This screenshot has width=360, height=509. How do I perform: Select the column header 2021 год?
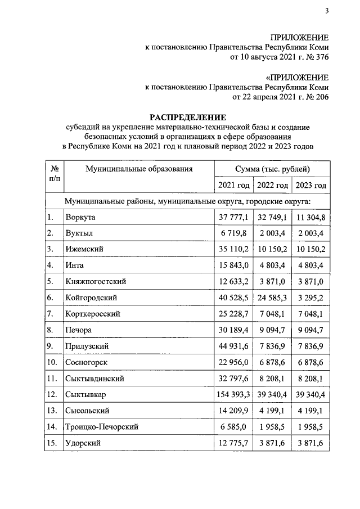pos(233,186)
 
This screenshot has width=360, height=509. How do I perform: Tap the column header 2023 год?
pos(311,186)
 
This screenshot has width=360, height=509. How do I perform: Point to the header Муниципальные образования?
pos(139,168)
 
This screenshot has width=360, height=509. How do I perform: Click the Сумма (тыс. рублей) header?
pos(272,168)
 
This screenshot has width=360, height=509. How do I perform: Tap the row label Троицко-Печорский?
pos(101,427)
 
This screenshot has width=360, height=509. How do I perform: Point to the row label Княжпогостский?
pos(94,281)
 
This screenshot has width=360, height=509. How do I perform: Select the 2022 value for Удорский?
pos(272,444)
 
